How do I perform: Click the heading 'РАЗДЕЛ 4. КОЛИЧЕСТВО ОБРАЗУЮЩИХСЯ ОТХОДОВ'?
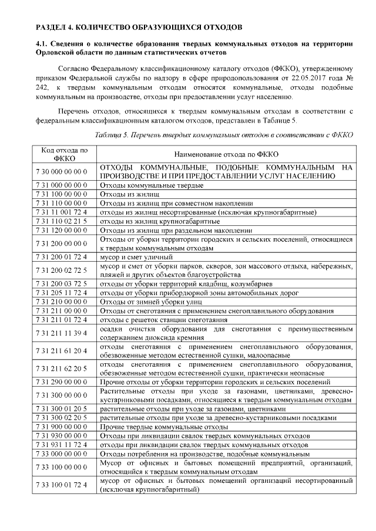[138, 28]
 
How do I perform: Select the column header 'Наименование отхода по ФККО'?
[226, 154]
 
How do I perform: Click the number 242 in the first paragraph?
[42, 88]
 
